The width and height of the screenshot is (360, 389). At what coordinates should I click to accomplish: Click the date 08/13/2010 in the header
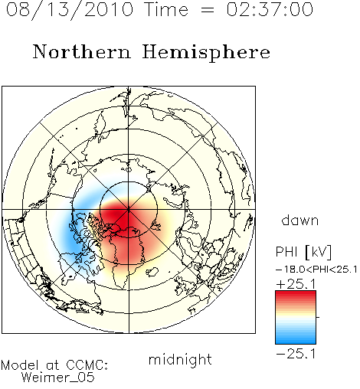click(70, 9)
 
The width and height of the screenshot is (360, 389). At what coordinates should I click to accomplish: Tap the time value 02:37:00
click(270, 9)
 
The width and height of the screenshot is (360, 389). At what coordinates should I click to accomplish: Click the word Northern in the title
click(82, 51)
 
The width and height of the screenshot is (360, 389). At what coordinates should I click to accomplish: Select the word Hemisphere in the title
click(206, 53)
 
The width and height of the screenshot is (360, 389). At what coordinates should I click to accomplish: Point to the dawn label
click(300, 220)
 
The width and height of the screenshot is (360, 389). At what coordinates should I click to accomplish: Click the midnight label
click(180, 360)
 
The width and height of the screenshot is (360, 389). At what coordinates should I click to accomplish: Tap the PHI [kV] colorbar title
click(303, 252)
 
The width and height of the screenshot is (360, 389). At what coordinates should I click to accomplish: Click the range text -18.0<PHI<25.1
click(316, 270)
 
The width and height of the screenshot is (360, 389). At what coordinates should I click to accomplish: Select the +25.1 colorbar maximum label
click(296, 284)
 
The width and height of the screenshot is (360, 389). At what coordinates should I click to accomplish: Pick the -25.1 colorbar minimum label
click(296, 354)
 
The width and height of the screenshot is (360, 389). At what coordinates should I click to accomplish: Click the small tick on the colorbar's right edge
click(318, 317)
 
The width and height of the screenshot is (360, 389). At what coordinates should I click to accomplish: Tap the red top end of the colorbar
click(296, 293)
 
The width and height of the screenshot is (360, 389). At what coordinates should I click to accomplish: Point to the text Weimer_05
click(58, 378)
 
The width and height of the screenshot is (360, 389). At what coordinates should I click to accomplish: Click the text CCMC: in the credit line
click(87, 365)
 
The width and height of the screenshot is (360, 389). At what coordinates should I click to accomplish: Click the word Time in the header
click(166, 9)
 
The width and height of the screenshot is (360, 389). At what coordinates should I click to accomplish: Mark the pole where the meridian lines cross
click(129, 210)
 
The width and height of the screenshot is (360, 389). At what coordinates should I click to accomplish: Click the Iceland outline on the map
click(153, 272)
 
